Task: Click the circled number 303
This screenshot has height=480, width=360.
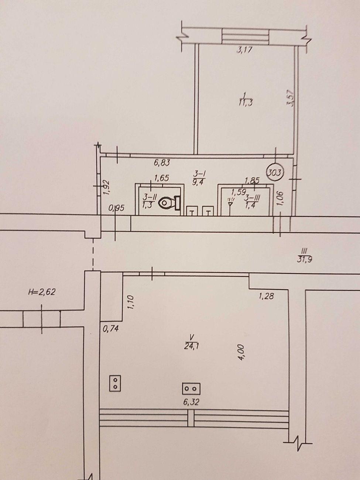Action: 275,173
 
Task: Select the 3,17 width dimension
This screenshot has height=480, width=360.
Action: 244,50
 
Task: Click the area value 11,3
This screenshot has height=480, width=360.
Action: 246,102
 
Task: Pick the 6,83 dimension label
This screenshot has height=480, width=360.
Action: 162,163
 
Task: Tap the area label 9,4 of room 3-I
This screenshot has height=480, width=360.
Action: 198,182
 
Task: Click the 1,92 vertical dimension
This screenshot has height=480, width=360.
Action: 106,187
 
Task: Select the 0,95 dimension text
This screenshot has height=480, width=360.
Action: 117,208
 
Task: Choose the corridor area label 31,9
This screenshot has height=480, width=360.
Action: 305,259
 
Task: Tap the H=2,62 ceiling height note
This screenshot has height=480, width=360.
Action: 42,292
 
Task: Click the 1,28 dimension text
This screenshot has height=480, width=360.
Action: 266,296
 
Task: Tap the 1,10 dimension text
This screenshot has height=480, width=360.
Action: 130,302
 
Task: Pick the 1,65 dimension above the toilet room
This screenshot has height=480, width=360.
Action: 161,178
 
